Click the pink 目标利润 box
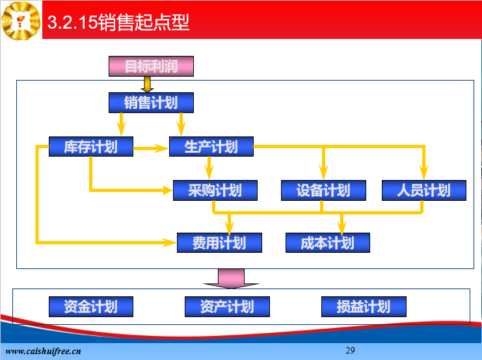pyautogui.click(x=152, y=66)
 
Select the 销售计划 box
pyautogui.click(x=152, y=103)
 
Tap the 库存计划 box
pyautogui.click(x=91, y=146)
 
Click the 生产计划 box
pyautogui.click(x=211, y=146)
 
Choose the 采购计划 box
pyautogui.click(x=215, y=190)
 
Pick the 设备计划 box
pyautogui.click(x=323, y=190)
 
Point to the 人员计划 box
pyautogui.click(x=424, y=190)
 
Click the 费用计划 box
pyautogui.click(x=219, y=242)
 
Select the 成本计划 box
pyautogui.click(x=328, y=242)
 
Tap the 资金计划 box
pyautogui.click(x=91, y=307)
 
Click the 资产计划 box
pyautogui.click(x=227, y=307)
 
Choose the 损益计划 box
pyautogui.click(x=364, y=307)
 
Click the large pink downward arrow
pyautogui.click(x=231, y=279)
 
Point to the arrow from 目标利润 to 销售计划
pyautogui.click(x=147, y=84)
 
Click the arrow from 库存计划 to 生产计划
pyautogui.click(x=151, y=148)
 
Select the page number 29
pyautogui.click(x=350, y=350)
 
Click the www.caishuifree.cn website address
pyautogui.click(x=44, y=351)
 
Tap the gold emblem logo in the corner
pyautogui.click(x=21, y=21)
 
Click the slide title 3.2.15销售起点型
pyautogui.click(x=118, y=22)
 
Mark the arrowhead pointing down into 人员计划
pyautogui.click(x=424, y=173)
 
